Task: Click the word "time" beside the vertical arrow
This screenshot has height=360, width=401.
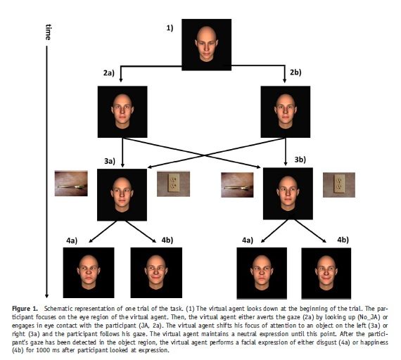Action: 48,32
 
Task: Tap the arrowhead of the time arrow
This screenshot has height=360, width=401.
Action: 46,296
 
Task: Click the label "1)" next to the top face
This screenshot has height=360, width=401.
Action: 170,28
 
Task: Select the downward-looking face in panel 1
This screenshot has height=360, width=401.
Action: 207,44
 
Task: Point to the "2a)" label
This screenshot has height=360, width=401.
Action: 108,73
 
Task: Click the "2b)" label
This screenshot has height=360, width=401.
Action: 295,72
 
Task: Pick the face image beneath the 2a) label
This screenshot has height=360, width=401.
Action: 122,112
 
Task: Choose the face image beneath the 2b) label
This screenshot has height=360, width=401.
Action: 286,112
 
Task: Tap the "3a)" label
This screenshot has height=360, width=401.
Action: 110,161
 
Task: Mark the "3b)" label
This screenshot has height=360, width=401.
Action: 300,160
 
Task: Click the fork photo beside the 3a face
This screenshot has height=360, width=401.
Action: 71,184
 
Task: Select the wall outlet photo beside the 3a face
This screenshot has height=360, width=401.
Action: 173,184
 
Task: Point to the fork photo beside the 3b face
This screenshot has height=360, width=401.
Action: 237,185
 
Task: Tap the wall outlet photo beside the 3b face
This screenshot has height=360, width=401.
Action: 339,185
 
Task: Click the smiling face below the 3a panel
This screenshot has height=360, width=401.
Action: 156,273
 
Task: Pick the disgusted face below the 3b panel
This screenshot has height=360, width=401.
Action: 262,273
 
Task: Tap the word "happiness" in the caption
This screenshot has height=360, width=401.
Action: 373,342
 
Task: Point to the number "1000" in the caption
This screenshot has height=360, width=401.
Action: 42,350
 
